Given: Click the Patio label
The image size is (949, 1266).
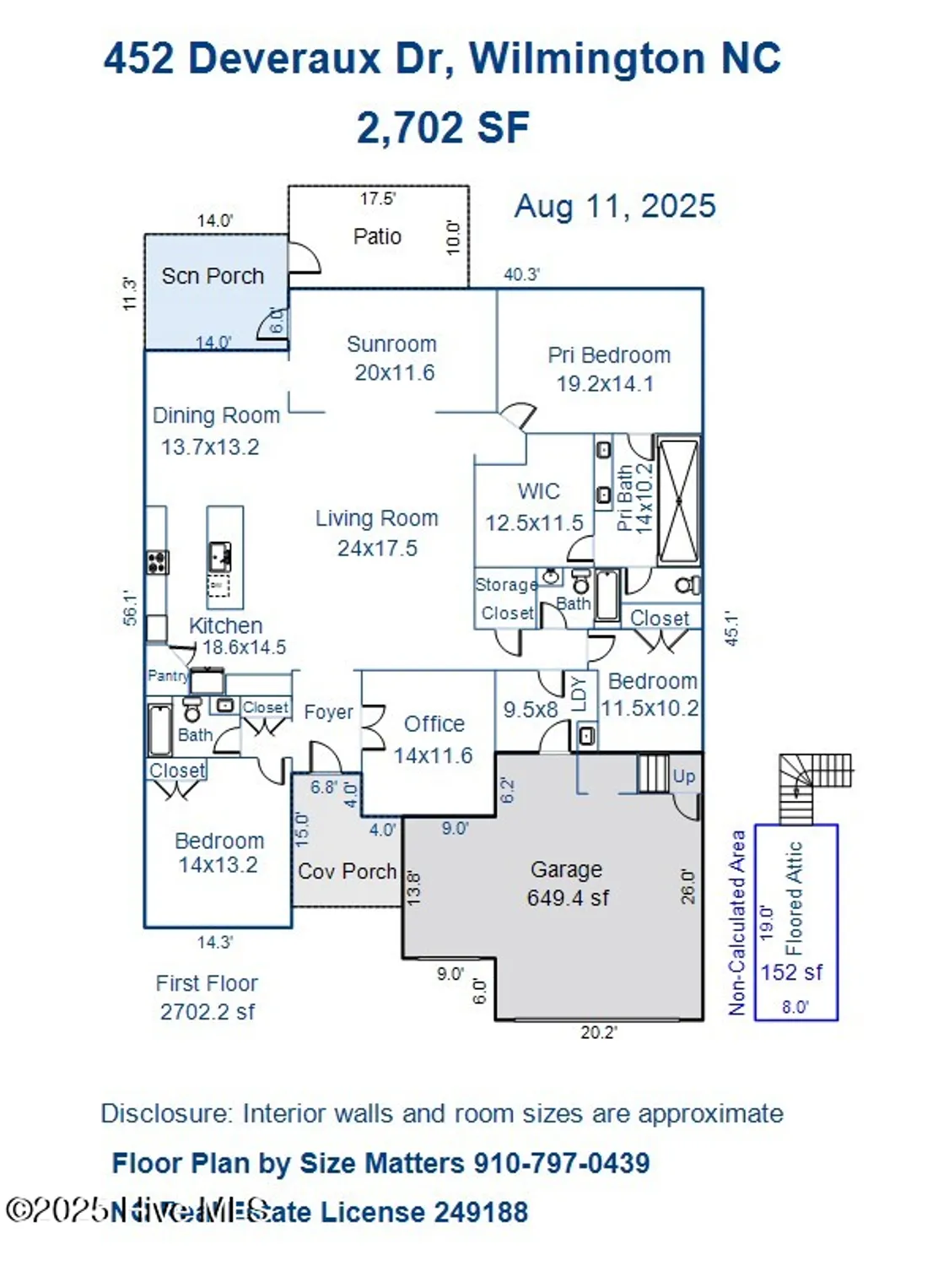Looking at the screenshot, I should pyautogui.click(x=377, y=236).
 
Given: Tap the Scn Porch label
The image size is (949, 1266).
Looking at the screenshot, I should pyautogui.click(x=213, y=276).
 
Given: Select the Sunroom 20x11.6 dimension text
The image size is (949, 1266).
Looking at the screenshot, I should pyautogui.click(x=394, y=373).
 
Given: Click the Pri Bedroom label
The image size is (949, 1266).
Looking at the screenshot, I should pyautogui.click(x=609, y=355).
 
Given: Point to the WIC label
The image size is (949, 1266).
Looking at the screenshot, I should pyautogui.click(x=538, y=491).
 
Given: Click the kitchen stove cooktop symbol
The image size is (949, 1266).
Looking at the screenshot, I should pyautogui.click(x=157, y=561).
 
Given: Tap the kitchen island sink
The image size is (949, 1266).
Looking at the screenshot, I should pyautogui.click(x=221, y=557).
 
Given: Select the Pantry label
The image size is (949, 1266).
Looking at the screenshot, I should pyautogui.click(x=167, y=675).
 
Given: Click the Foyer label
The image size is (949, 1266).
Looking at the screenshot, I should pyautogui.click(x=328, y=712).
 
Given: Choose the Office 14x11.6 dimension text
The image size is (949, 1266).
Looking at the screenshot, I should pyautogui.click(x=433, y=755).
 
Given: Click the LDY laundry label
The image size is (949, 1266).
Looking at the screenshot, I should pyautogui.click(x=579, y=693).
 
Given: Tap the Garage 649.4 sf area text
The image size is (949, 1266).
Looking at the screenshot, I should pyautogui.click(x=568, y=898).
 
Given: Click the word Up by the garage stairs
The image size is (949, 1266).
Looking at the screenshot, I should pyautogui.click(x=683, y=776).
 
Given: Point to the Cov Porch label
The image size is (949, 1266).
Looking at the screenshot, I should pyautogui.click(x=347, y=871).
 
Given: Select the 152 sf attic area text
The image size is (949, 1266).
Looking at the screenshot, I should pyautogui.click(x=791, y=972).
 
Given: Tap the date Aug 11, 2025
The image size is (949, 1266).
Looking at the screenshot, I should pyautogui.click(x=615, y=206).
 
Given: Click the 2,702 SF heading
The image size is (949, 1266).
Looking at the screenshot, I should pyautogui.click(x=443, y=128).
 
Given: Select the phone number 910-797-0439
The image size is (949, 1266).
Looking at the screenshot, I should pyautogui.click(x=561, y=1163).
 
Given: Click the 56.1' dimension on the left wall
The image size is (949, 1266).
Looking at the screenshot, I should pyautogui.click(x=130, y=607).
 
